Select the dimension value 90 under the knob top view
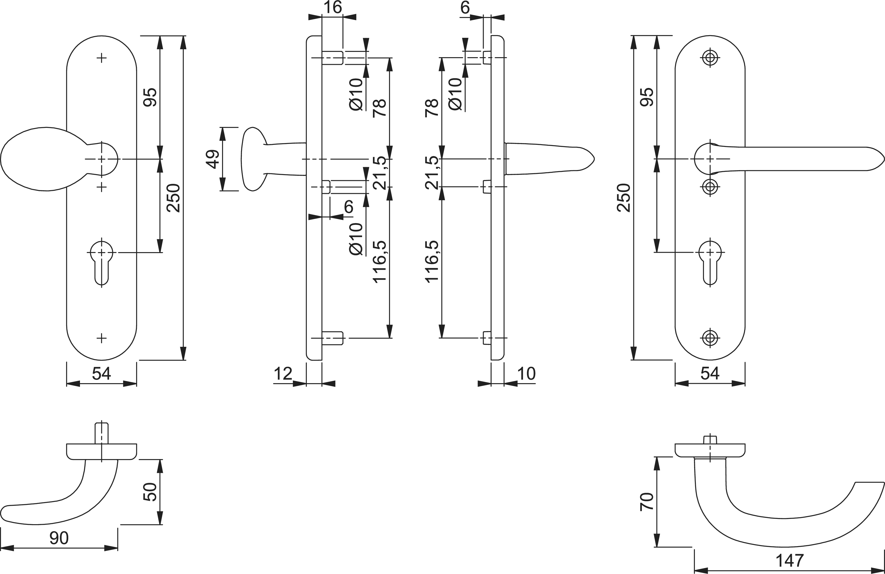pos(59,538)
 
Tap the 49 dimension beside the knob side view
pos(213,159)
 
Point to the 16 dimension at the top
pos(332,7)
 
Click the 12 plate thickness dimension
pos(283,374)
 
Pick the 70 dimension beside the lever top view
pos(647,502)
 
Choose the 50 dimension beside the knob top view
pos(150,492)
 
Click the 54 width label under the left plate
pos(102,374)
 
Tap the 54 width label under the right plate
pos(710,374)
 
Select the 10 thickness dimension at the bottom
pos(526,374)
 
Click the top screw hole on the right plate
pos(710,58)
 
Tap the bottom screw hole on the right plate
pos(710,338)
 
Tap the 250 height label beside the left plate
pos(174,198)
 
